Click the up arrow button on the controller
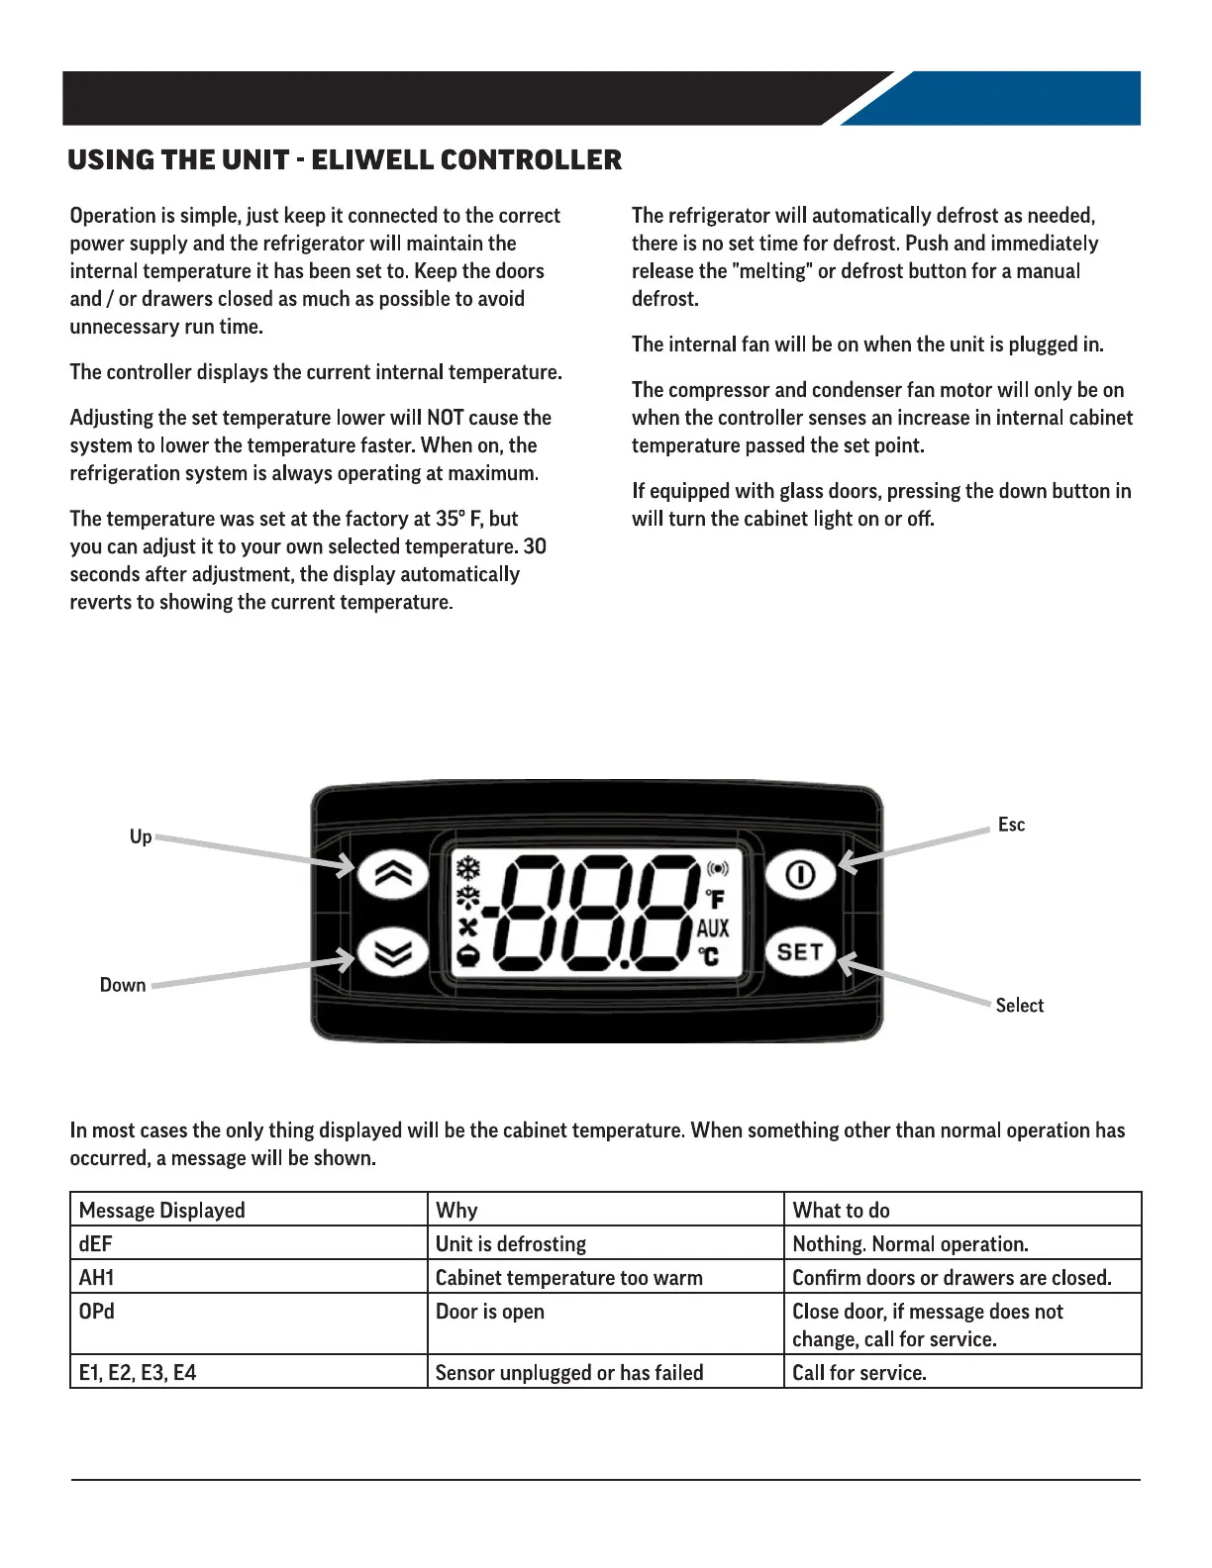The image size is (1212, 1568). click(392, 875)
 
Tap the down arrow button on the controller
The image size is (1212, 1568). click(392, 952)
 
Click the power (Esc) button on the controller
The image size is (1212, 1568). click(800, 875)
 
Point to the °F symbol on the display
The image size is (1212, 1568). click(715, 899)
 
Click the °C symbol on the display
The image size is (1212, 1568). click(709, 956)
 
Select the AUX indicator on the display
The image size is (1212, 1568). click(713, 929)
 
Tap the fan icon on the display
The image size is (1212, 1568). click(467, 927)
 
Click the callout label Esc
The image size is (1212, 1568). click(1011, 825)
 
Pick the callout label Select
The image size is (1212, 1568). click(1019, 1006)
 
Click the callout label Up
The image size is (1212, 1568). click(141, 837)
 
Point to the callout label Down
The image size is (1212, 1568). click(123, 985)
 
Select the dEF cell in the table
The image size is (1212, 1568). click(96, 1244)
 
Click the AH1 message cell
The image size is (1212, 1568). click(97, 1278)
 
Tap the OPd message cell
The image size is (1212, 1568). click(97, 1312)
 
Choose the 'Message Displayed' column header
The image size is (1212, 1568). click(161, 1211)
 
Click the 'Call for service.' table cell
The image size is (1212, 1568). click(859, 1373)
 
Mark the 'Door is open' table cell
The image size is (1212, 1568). click(490, 1312)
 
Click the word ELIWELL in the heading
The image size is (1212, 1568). click(371, 160)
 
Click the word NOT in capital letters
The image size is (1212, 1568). click(446, 418)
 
